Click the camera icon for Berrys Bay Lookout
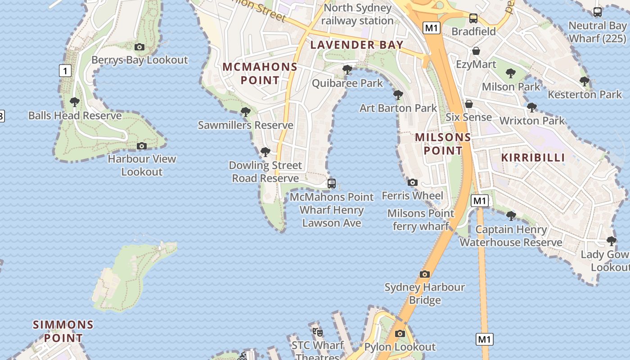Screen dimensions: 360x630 coord(139,47)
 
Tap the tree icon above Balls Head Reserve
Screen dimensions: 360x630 coord(75,102)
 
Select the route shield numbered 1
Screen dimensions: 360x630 coord(65,71)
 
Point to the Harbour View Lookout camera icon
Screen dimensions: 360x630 coord(142,146)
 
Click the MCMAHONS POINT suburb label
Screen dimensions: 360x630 coord(260,74)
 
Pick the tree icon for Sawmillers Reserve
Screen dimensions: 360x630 coord(246,112)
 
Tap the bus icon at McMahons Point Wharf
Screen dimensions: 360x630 coord(332,184)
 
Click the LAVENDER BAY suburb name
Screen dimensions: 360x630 coord(356,45)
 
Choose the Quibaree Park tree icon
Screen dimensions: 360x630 coord(347,70)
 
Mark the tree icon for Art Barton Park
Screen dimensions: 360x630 coord(398,95)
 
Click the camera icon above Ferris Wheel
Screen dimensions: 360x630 coord(412,182)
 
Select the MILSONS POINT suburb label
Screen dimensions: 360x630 coord(443,144)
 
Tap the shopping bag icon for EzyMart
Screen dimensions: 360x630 coord(476,51)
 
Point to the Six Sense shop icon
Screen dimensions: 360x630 coord(469,104)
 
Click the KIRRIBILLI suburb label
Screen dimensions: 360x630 coord(533,157)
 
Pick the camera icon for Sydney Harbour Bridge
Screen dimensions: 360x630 coord(424,274)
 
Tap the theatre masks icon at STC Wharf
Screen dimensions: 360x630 coord(318,332)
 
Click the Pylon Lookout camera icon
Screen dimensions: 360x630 coord(400,333)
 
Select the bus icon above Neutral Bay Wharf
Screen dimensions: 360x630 coord(598,12)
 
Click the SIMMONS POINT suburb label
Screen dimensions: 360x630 coord(63,331)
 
